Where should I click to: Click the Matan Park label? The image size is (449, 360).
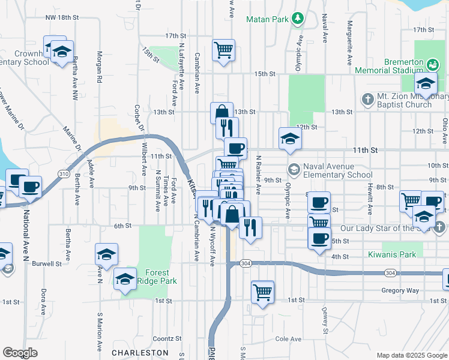(267, 19)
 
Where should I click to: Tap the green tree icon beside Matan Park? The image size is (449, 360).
(297, 19)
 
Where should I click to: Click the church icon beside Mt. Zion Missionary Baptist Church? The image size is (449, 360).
(367, 97)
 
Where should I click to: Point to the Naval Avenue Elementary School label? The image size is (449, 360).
(338, 171)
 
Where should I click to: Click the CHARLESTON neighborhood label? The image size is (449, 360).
(139, 352)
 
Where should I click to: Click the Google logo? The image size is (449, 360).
(20, 352)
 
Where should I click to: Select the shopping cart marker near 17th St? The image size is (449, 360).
(223, 50)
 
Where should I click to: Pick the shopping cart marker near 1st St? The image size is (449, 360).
(262, 293)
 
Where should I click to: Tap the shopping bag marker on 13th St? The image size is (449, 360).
(221, 112)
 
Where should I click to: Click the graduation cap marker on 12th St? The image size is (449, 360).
(290, 139)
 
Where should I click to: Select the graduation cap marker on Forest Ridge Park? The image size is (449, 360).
(125, 280)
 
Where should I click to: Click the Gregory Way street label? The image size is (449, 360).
(400, 290)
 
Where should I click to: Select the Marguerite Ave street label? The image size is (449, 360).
(349, 44)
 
